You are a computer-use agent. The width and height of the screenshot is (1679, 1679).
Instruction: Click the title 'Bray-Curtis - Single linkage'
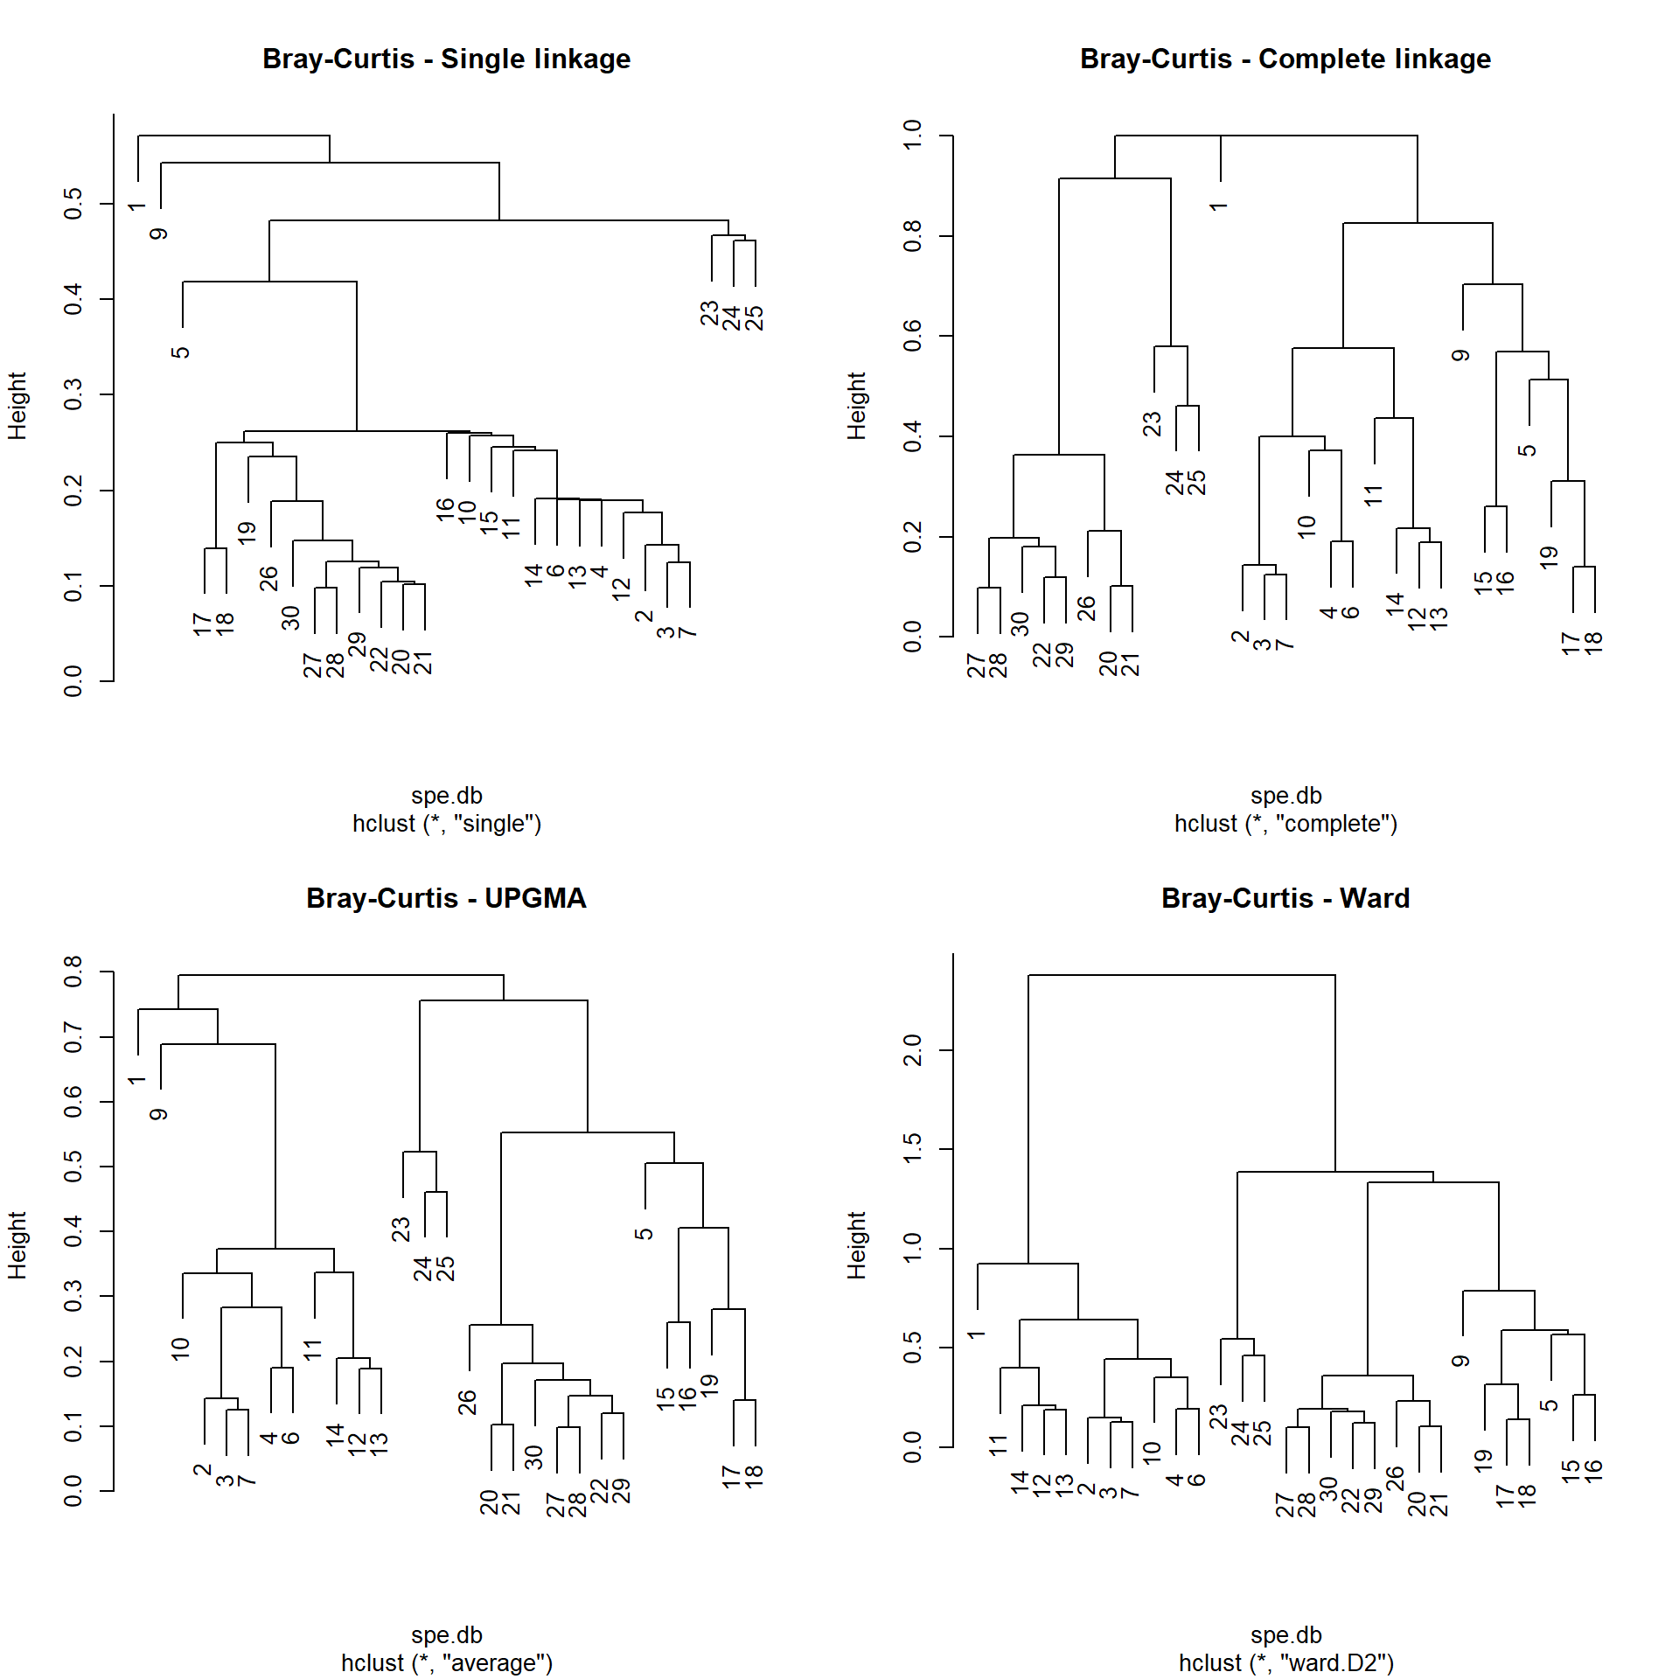pyautogui.click(x=446, y=59)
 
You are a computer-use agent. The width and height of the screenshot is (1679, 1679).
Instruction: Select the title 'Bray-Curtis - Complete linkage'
pyautogui.click(x=1285, y=59)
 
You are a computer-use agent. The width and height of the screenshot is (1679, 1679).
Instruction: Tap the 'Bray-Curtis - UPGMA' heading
pyautogui.click(x=446, y=898)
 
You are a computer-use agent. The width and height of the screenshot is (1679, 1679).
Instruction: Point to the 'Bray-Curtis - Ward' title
pyautogui.click(x=1285, y=898)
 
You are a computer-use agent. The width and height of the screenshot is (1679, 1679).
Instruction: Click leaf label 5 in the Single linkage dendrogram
pyautogui.click(x=180, y=352)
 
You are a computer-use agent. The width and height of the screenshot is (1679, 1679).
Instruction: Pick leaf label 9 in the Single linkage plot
pyautogui.click(x=158, y=233)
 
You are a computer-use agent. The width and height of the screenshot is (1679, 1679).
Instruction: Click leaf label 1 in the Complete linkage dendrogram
pyautogui.click(x=1218, y=206)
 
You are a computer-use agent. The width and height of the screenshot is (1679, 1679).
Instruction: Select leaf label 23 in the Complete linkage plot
pyautogui.click(x=1153, y=424)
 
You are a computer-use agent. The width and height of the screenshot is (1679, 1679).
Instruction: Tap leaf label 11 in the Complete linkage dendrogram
pyautogui.click(x=1373, y=495)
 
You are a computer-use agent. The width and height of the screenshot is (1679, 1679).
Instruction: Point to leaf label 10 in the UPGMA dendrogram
pyautogui.click(x=180, y=1348)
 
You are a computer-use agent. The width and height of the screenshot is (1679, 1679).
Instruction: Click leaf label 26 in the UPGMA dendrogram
pyautogui.click(x=468, y=1402)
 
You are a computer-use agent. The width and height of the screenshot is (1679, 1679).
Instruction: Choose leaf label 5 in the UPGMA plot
pyautogui.click(x=644, y=1234)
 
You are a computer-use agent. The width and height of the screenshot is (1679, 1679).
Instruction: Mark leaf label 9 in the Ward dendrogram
pyautogui.click(x=1460, y=1361)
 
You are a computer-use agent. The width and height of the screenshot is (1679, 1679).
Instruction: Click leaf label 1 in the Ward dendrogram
pyautogui.click(x=976, y=1334)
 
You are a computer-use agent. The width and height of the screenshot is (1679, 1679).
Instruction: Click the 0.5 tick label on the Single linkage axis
pyautogui.click(x=73, y=204)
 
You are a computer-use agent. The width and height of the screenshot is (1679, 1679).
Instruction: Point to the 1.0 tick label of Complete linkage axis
pyautogui.click(x=913, y=136)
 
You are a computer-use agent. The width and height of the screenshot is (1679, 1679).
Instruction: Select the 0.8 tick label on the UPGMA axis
pyautogui.click(x=73, y=972)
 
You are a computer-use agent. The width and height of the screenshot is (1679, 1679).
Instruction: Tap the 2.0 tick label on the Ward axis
pyautogui.click(x=913, y=1049)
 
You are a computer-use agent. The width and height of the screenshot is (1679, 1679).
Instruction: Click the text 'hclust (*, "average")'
pyautogui.click(x=446, y=1662)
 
